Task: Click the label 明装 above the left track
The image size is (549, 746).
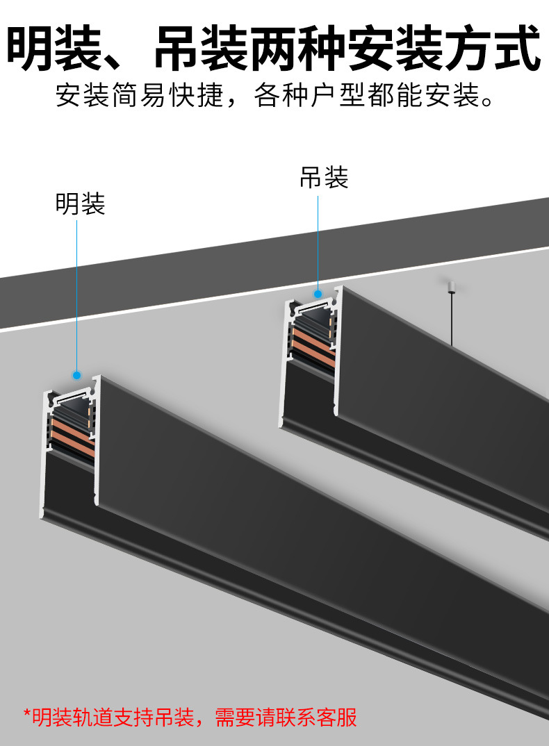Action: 80,203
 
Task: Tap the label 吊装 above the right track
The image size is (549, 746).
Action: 323,178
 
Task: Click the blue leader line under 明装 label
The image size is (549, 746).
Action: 77,292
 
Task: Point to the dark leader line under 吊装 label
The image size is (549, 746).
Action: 318,240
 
